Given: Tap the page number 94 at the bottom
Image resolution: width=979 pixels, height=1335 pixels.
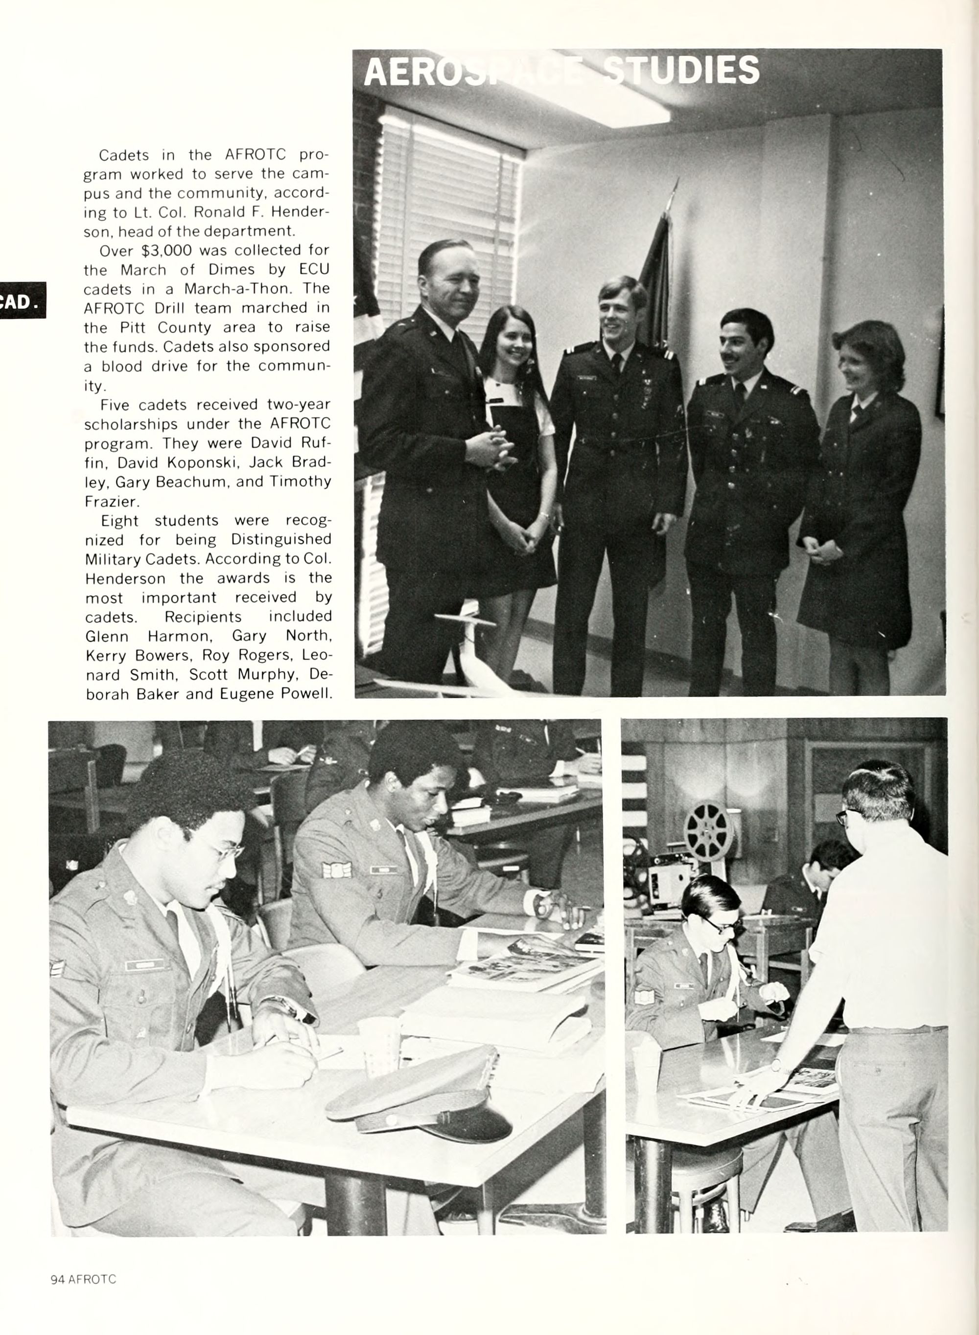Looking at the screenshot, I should pyautogui.click(x=57, y=1279).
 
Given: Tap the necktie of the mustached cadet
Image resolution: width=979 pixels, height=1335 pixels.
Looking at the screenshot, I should pyautogui.click(x=740, y=396).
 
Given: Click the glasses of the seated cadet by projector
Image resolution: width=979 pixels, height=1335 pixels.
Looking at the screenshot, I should pyautogui.click(x=723, y=924).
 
